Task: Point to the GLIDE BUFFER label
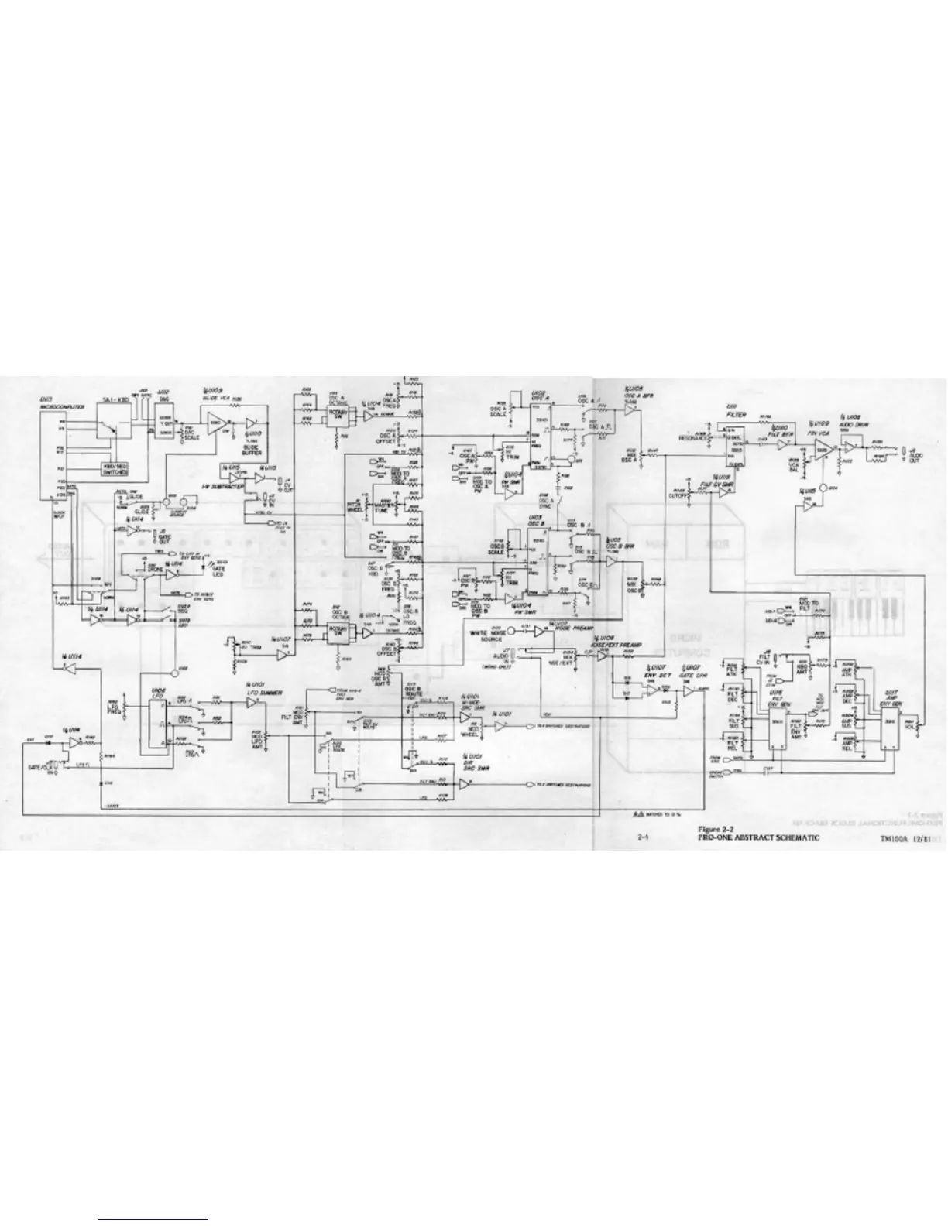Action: [252, 448]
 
